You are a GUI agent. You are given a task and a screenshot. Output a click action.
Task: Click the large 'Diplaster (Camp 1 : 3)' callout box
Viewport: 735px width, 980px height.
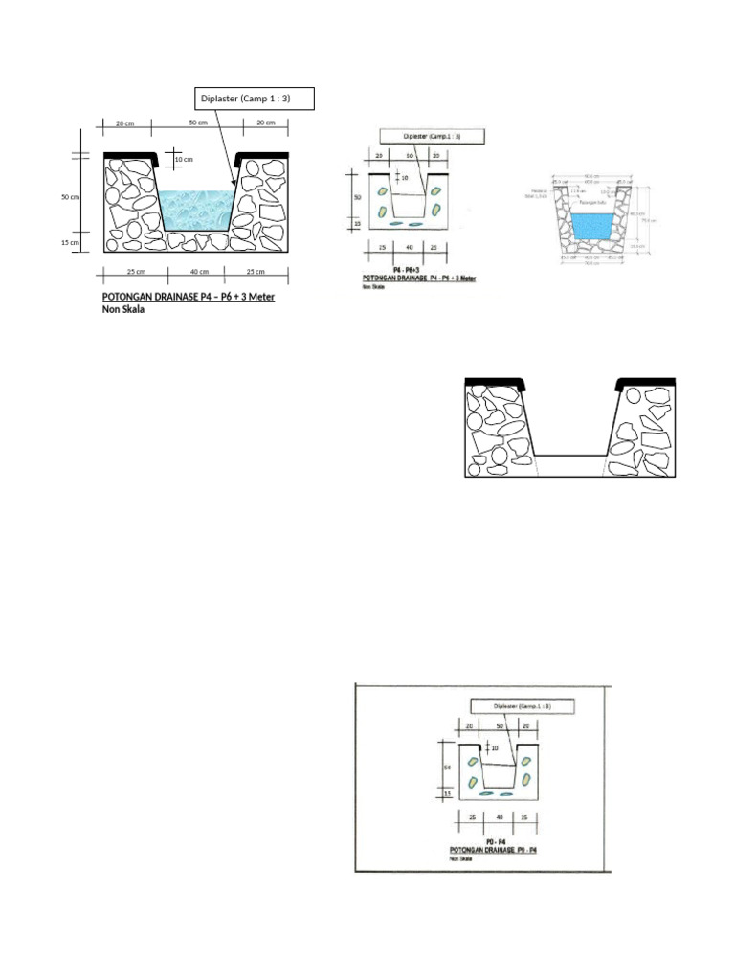(253, 99)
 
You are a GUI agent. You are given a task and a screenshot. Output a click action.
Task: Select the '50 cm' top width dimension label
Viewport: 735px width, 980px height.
(199, 123)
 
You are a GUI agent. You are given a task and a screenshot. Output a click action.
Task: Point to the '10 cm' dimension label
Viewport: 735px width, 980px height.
(185, 159)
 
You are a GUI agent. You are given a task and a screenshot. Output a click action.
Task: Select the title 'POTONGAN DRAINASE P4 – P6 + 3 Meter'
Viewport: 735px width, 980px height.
(189, 297)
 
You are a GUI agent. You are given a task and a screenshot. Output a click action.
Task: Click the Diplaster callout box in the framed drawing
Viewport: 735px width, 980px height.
(522, 707)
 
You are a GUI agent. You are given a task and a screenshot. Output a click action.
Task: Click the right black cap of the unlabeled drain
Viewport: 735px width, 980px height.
(647, 384)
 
